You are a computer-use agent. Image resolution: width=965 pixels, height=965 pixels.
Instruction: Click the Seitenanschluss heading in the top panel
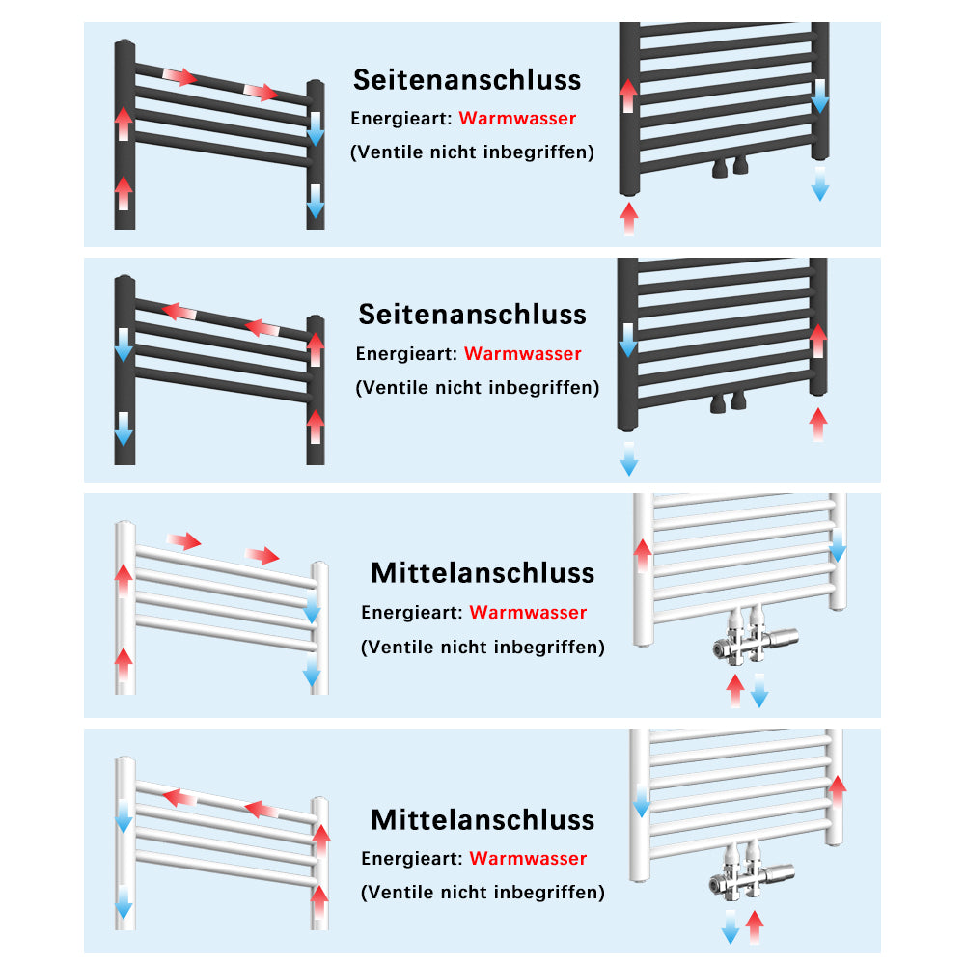(467, 80)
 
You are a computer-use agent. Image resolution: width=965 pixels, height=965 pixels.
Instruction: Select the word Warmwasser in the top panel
(517, 118)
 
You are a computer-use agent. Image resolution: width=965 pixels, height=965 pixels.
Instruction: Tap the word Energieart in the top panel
(401, 118)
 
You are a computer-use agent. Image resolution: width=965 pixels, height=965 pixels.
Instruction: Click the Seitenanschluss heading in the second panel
(472, 315)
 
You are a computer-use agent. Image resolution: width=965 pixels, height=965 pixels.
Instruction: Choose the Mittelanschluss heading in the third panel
(482, 573)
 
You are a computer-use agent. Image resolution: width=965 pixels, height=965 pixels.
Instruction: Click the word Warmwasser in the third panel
(528, 613)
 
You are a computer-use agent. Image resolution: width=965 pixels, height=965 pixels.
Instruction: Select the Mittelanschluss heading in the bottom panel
(482, 819)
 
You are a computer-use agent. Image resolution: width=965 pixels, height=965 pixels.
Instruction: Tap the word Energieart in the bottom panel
(412, 859)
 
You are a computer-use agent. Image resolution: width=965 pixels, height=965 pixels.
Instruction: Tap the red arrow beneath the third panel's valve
(734, 691)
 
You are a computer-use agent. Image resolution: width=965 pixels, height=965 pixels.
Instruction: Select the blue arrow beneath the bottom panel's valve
(731, 926)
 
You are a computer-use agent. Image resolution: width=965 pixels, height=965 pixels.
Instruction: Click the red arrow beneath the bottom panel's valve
(755, 926)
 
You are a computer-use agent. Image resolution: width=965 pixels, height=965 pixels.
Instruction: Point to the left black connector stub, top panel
(720, 167)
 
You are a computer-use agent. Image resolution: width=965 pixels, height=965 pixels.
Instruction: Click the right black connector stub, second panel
(738, 400)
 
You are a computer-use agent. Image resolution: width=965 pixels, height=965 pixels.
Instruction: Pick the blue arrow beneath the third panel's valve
(759, 691)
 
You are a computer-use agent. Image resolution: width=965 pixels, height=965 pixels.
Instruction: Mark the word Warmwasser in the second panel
(522, 354)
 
